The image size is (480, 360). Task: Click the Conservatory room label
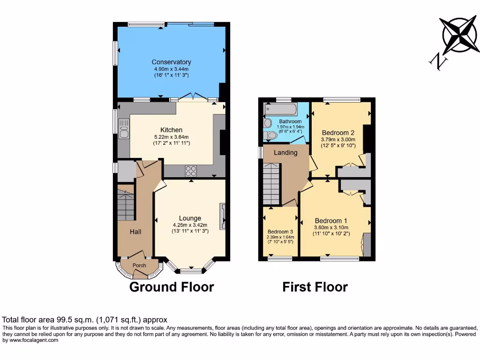pos(171,62)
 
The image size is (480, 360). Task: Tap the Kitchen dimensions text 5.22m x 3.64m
pos(171,136)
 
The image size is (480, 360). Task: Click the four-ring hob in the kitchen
pos(191,171)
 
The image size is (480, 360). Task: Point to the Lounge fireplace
pos(223,216)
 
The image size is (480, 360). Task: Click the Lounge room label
pos(190,218)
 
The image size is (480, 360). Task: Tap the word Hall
pos(135,232)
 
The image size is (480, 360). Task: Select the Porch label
pos(139,265)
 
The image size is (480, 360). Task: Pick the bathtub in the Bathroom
pos(281,109)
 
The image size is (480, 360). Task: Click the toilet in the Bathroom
pos(270,135)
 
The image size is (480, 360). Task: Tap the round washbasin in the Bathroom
pos(268,123)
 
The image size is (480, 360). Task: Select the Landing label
pos(285,152)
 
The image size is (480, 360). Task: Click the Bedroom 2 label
pos(337,133)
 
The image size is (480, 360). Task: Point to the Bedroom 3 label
pos(280,232)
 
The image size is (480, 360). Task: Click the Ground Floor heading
pos(172,287)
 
